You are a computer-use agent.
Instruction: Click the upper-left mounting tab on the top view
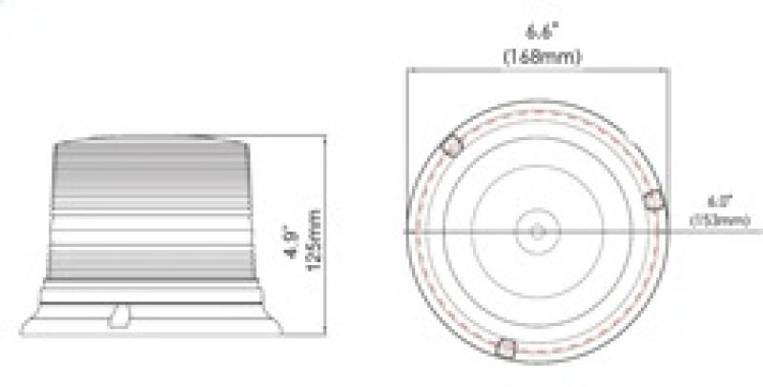click(452, 147)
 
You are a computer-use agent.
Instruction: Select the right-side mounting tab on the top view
click(654, 199)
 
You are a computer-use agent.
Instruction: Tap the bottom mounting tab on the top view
click(507, 350)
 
